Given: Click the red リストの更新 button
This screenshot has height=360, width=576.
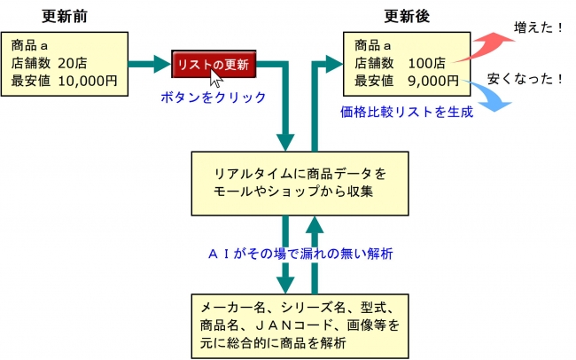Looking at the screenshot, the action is coord(214,65).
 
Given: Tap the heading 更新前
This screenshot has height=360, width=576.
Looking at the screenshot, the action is coord(65,16).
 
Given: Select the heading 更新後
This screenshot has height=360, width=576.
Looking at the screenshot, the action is coord(407,16).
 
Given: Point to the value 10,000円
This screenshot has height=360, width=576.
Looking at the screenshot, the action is coord(88,81).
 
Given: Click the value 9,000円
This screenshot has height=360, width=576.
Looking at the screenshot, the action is coord(433,81).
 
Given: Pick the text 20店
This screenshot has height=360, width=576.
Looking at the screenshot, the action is coord(73,63).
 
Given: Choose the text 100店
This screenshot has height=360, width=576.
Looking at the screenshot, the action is coord(426,63).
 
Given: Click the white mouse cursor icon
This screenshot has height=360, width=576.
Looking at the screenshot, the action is coord(216,78).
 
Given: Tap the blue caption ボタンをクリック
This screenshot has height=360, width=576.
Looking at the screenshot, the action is coord(214,98).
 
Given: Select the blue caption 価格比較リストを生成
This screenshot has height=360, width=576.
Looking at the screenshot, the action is coord(407,112).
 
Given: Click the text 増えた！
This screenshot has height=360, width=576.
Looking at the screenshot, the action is coord(538,27).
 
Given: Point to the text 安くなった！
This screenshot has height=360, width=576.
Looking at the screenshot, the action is coord(525,79).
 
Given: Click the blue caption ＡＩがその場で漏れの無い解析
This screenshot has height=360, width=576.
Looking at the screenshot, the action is coord(300,254).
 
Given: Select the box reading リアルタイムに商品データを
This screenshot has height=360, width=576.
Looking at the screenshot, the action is coord(300,184).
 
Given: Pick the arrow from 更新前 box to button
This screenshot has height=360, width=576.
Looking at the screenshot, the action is coord(150,64).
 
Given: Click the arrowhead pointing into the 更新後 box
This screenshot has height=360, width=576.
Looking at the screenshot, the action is coord(334,64).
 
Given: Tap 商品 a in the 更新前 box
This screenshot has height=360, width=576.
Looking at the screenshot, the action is coord(30,46).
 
